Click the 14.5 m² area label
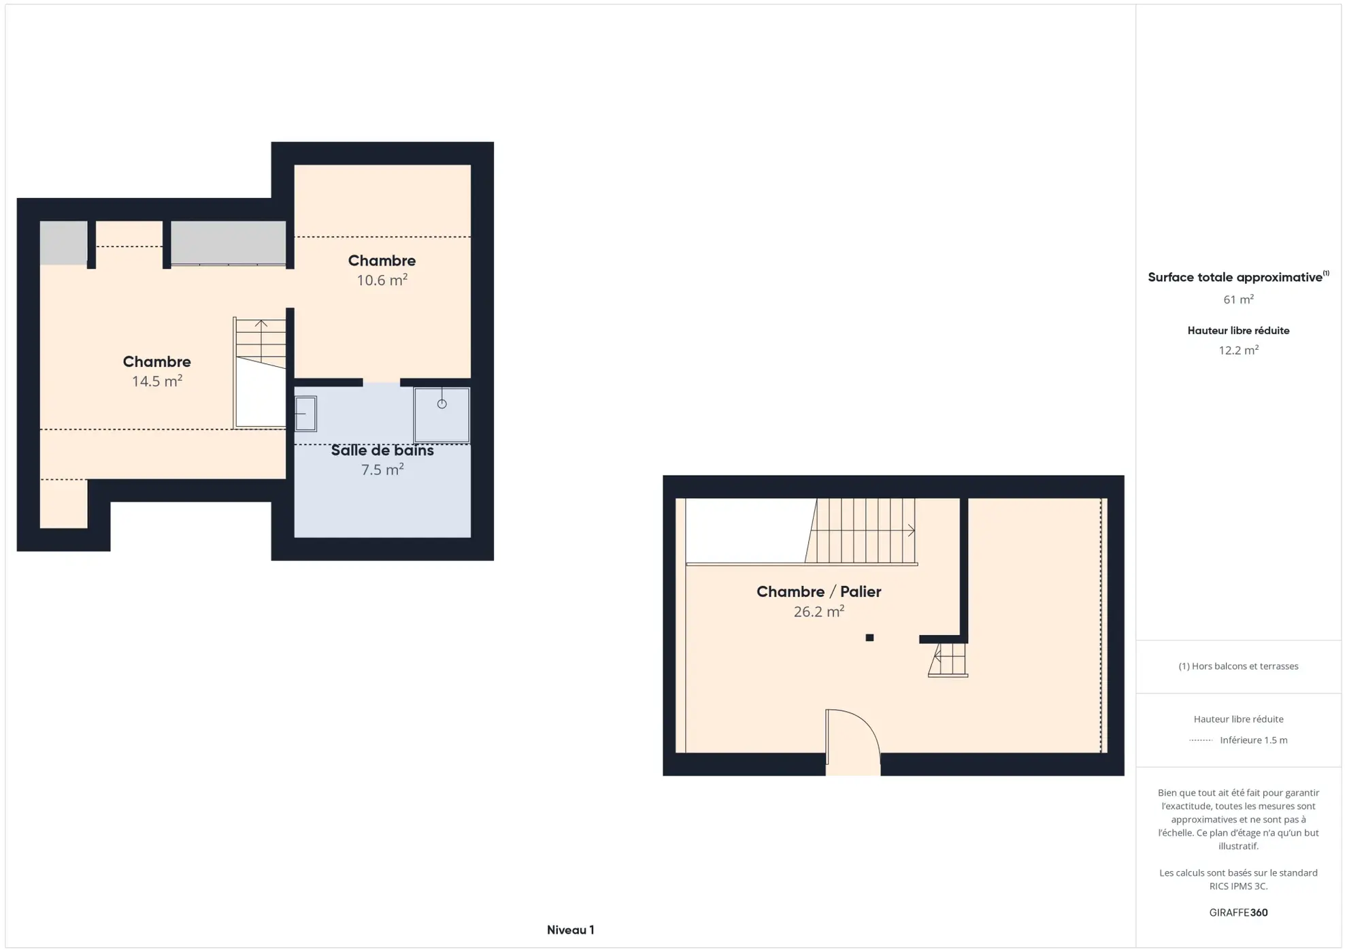pos(156,381)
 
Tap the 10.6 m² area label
pos(382,280)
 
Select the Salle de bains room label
pos(382,450)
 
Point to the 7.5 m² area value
pos(382,470)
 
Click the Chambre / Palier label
pos(818,592)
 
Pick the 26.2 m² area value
pos(818,611)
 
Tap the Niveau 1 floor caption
pos(570,930)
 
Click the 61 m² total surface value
pos(1238,299)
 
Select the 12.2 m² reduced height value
pos(1238,350)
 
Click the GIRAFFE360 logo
pos(1238,913)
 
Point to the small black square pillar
pos(869,638)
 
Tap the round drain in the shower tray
pos(442,404)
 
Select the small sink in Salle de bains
pos(305,414)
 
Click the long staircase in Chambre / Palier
pos(861,531)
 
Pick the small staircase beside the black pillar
pos(948,659)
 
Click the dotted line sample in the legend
pos(1201,740)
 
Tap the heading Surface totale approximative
pos(1235,278)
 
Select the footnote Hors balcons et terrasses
pos(1238,666)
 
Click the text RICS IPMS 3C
pos(1238,886)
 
